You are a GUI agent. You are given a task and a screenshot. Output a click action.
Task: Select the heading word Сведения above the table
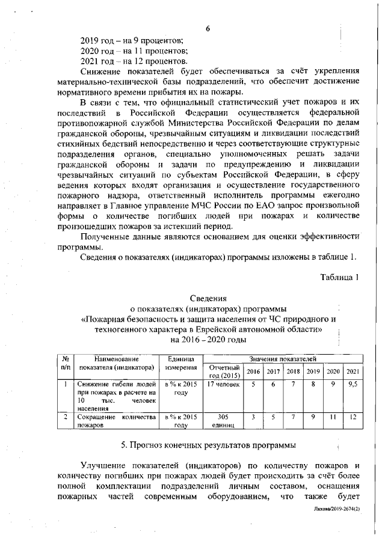208,298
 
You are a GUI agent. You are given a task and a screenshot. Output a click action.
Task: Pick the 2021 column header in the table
354,371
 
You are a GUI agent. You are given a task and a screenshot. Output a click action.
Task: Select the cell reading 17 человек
223,384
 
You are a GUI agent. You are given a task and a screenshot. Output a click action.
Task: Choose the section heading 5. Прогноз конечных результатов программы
208,445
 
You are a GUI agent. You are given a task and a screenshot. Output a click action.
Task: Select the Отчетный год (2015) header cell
223,371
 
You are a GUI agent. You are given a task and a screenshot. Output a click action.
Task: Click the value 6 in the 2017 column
273,384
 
